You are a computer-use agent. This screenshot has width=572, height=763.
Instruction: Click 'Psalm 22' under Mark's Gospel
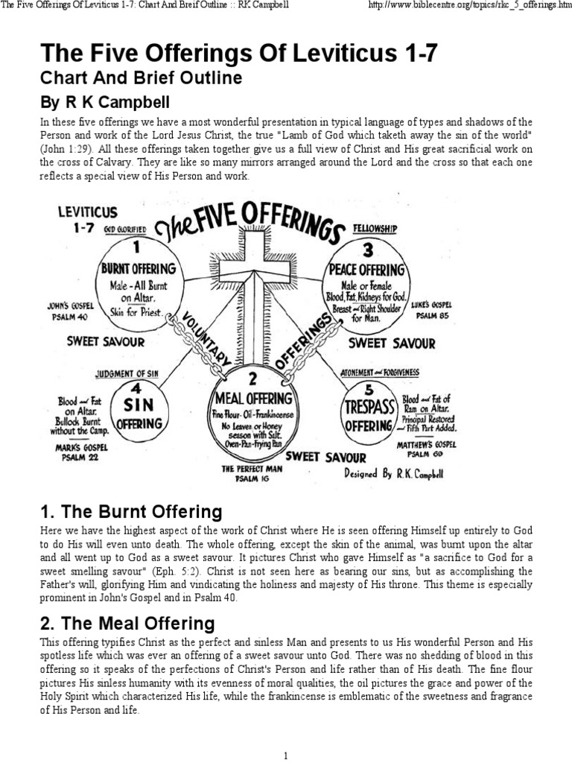coord(81,458)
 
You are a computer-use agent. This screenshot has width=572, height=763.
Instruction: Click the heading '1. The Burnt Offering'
coord(130,513)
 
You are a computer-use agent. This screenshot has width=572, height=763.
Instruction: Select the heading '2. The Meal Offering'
coord(127,623)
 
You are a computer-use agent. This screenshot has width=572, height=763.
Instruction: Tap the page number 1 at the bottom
coord(286,756)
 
